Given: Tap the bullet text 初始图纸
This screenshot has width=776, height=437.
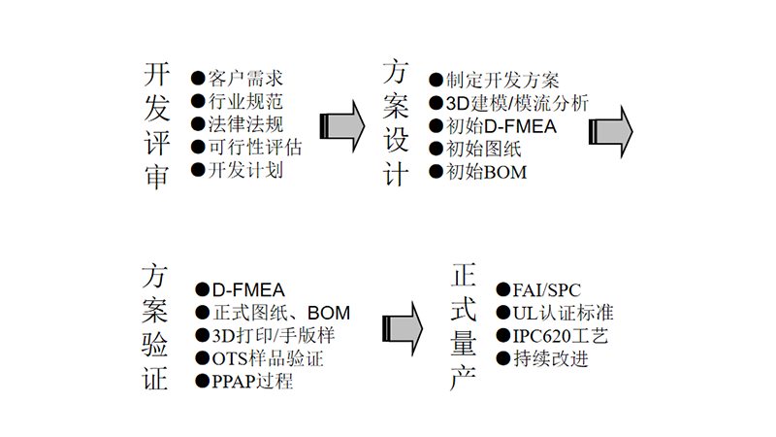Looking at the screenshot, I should pyautogui.click(x=483, y=150).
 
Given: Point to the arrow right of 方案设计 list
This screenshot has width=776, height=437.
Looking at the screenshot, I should pyautogui.click(x=611, y=126).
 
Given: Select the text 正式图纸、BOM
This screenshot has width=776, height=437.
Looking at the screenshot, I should pyautogui.click(x=280, y=313).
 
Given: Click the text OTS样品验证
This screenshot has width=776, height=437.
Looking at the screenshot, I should pyautogui.click(x=267, y=359).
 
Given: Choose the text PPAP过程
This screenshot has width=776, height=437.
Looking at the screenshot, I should pyautogui.click(x=251, y=382).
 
